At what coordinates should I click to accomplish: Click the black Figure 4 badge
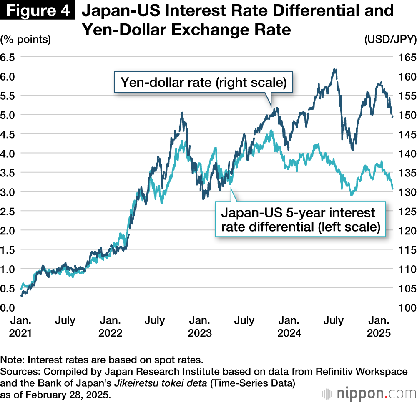(x=38, y=11)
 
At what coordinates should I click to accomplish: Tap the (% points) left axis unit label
(x=26, y=40)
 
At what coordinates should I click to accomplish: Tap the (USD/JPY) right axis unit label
(x=390, y=40)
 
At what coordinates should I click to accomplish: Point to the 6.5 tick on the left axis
(x=8, y=57)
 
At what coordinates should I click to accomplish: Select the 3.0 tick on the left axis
(x=8, y=192)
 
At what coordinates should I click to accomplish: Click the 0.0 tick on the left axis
(x=8, y=307)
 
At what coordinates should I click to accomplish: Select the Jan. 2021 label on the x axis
(x=20, y=327)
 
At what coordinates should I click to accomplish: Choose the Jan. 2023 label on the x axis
(x=200, y=327)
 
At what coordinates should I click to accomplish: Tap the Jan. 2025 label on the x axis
(x=379, y=327)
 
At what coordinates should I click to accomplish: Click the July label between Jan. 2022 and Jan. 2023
(x=154, y=321)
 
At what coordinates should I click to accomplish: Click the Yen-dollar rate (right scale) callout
(x=203, y=82)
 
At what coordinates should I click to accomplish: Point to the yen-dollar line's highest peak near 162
(x=334, y=70)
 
